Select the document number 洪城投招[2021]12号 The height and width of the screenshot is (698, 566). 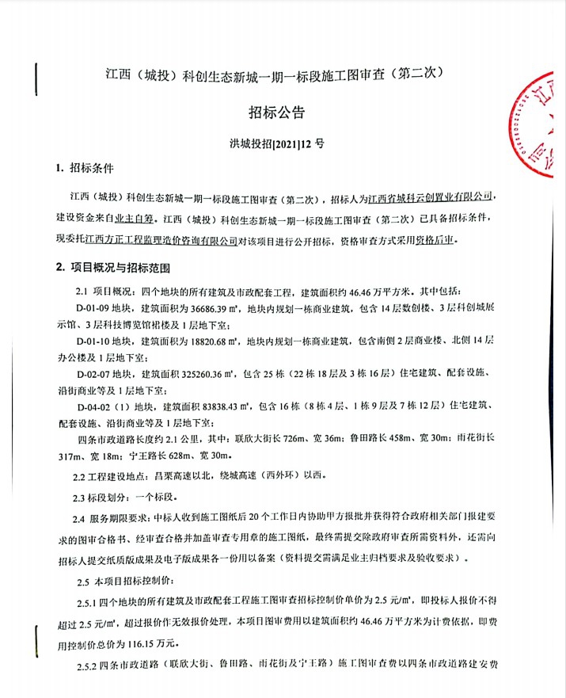tap(282, 145)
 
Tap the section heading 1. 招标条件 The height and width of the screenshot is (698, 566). tap(85, 170)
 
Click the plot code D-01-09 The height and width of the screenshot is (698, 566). tap(97, 308)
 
